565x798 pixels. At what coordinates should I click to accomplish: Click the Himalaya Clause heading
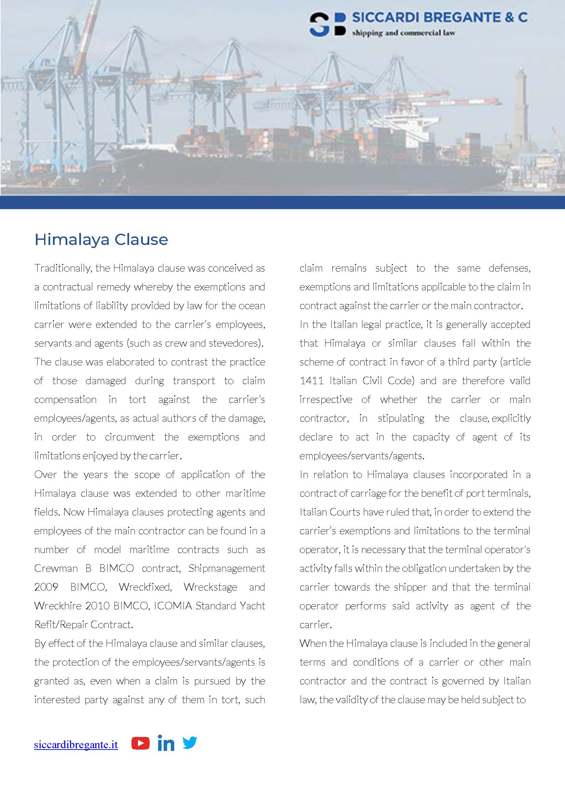[x=101, y=240]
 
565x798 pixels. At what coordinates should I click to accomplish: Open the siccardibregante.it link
[x=76, y=744]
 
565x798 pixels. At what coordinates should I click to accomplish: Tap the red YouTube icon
[x=140, y=743]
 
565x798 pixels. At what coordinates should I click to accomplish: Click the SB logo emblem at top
[x=327, y=25]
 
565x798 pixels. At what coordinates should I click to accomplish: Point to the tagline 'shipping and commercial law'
[x=403, y=33]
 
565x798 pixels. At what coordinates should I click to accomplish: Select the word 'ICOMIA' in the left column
[x=173, y=606]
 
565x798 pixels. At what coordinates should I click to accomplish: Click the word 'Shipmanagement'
[x=227, y=568]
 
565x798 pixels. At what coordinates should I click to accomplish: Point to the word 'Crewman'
[x=56, y=568]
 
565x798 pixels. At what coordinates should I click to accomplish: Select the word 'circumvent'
[x=130, y=437]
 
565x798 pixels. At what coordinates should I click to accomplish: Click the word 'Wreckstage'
[x=210, y=587]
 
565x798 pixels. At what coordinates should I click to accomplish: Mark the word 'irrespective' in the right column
[x=326, y=400]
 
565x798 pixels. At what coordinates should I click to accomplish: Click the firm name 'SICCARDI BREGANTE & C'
[x=440, y=17]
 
